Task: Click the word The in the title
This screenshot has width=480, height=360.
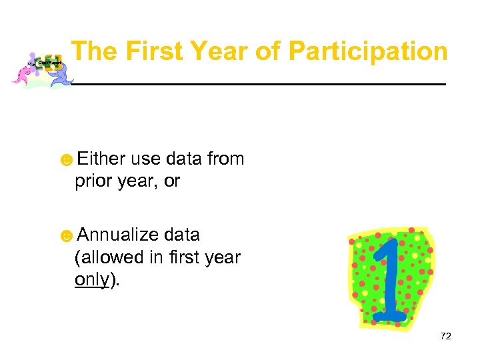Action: tap(95, 51)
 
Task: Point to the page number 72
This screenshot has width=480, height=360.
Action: tap(446, 336)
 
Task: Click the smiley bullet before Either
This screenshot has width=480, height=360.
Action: tap(67, 160)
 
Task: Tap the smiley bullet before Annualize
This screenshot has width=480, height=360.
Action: tap(67, 236)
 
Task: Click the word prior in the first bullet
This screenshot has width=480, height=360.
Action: tap(92, 181)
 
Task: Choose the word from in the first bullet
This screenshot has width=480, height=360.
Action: tap(225, 159)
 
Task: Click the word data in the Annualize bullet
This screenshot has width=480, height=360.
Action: tap(181, 235)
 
